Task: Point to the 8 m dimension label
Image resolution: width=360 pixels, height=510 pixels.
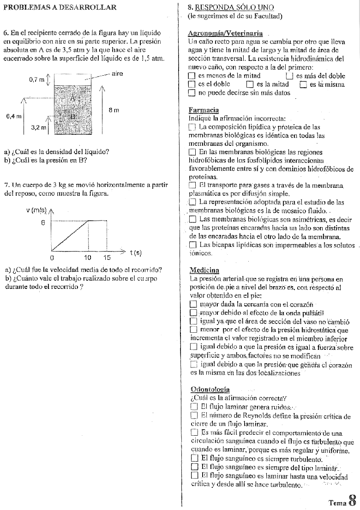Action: coord(114,110)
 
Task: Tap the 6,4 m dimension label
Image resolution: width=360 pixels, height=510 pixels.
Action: coord(13,116)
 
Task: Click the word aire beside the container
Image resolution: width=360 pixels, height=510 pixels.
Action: coord(117,73)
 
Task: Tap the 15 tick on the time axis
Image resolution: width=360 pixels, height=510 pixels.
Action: coord(107,257)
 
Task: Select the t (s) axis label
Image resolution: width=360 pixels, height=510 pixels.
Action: coord(135,252)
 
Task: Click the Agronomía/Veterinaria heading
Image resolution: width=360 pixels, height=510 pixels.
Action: coord(226,33)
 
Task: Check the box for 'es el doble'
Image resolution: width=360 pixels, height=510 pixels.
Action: coord(192,84)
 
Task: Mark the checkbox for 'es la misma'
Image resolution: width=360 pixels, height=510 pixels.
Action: coord(303,84)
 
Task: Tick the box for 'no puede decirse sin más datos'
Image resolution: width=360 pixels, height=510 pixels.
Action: coord(192,93)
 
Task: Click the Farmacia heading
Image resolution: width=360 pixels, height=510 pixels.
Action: coord(204,110)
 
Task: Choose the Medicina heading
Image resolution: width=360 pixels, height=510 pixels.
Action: coord(204,270)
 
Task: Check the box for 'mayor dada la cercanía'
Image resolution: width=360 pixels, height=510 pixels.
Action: coord(193,304)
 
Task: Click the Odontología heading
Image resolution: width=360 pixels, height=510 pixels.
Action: coord(210,390)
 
